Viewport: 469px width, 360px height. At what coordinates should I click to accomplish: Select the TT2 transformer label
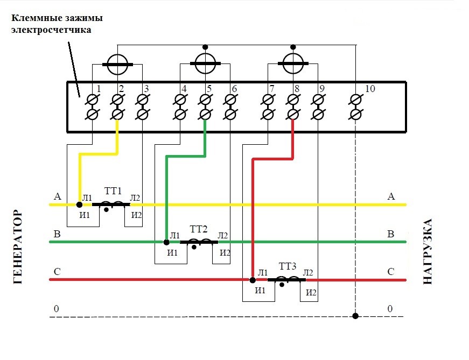point(199,229)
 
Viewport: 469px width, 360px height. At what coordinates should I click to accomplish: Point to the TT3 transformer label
point(288,266)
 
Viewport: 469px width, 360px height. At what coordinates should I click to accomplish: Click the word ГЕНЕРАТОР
point(18,247)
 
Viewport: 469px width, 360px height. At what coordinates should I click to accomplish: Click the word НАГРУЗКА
point(429,251)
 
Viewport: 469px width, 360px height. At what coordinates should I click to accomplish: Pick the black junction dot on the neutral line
point(355,316)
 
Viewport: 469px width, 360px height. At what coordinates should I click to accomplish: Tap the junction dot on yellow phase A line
point(80,204)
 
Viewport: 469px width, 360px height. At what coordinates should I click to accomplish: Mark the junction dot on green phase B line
point(166,242)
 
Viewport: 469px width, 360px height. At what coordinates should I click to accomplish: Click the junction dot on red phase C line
point(253,280)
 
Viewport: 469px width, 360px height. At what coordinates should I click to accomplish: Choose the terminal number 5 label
point(208,89)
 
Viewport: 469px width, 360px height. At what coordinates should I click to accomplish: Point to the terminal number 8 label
point(296,89)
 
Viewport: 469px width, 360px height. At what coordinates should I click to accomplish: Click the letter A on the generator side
point(57,196)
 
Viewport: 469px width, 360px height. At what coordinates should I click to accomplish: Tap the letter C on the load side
point(391,272)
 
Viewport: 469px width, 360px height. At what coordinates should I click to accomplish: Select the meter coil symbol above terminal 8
point(293,63)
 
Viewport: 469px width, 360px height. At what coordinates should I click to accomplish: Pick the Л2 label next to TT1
point(135,198)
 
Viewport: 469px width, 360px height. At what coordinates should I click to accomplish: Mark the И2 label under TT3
point(311,293)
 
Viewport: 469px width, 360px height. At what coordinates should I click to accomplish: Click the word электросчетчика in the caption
point(51,30)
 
